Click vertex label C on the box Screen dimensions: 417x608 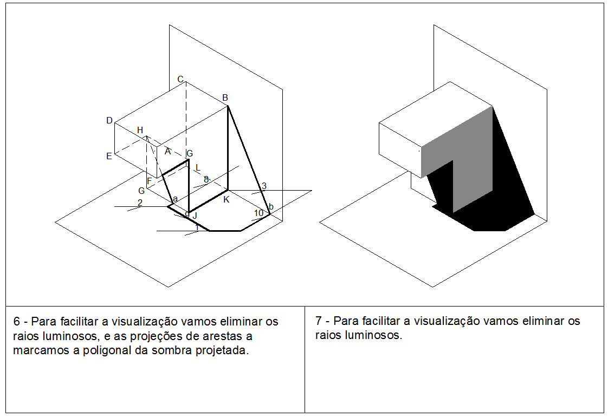[x=180, y=80]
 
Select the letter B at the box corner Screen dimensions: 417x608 [x=225, y=98]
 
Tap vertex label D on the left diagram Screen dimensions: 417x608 [x=109, y=120]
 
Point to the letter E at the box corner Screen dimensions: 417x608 [x=109, y=156]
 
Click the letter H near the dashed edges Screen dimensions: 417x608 [x=140, y=130]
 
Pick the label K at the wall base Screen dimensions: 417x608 [x=226, y=199]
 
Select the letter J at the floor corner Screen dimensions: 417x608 [x=194, y=216]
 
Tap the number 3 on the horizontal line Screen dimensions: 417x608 [x=264, y=186]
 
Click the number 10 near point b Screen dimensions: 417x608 [x=258, y=213]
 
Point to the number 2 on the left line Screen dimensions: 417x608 [x=140, y=203]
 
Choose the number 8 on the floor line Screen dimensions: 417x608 [x=206, y=179]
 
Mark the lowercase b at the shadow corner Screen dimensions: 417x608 [x=271, y=207]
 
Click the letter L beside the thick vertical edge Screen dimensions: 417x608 [x=198, y=167]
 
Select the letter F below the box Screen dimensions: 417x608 [x=149, y=180]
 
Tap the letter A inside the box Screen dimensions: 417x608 [x=167, y=151]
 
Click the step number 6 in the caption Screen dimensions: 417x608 [x=16, y=322]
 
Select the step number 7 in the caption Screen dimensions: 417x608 [x=318, y=321]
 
